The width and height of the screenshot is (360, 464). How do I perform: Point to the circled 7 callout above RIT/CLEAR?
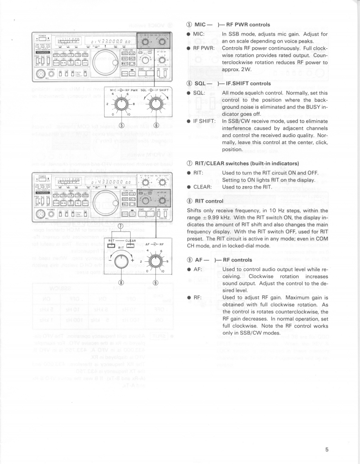click(x=120, y=226)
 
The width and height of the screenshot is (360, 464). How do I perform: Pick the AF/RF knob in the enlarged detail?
click(x=155, y=261)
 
